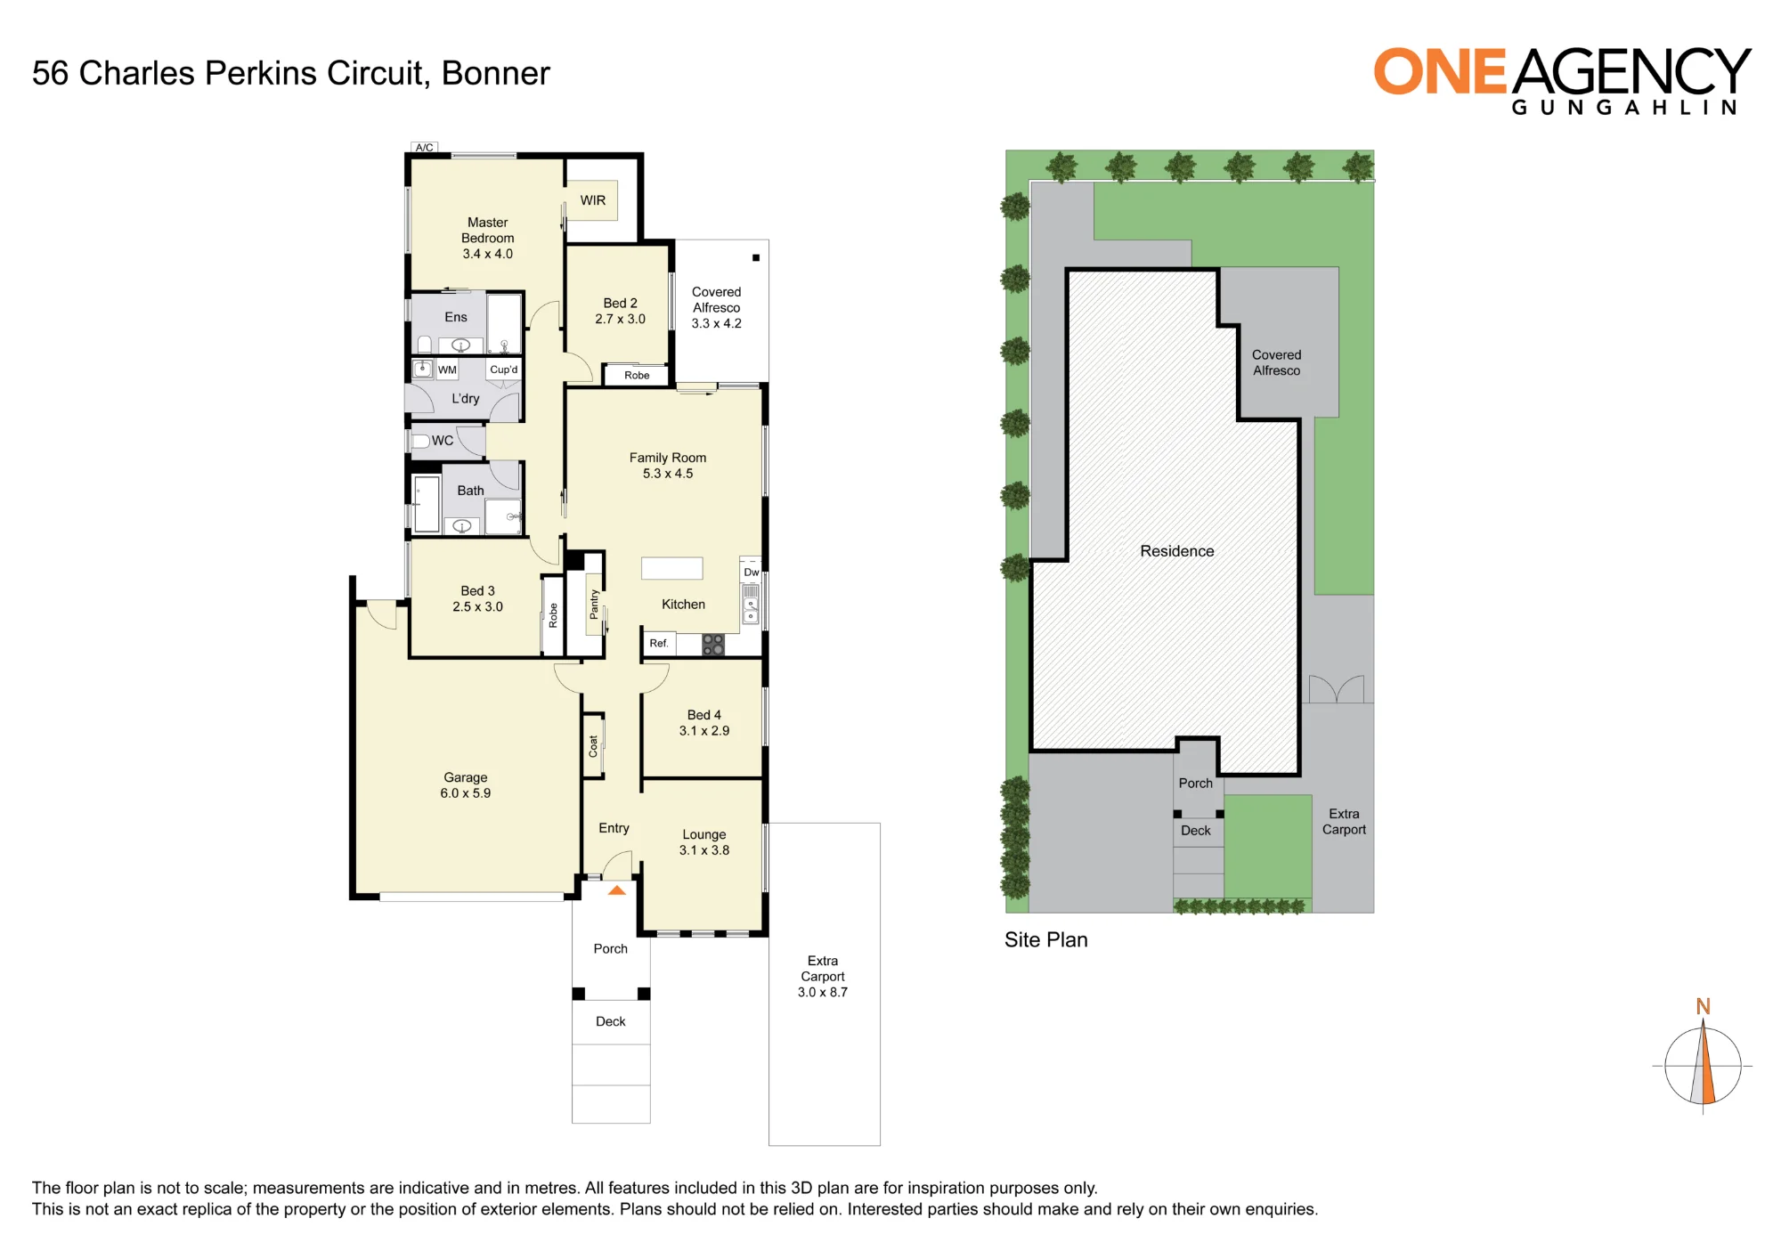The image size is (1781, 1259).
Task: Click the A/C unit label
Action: [425, 148]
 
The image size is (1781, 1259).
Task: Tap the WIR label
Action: [593, 200]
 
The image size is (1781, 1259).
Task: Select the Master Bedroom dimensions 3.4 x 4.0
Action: [488, 254]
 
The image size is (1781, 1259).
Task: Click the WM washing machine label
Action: [447, 370]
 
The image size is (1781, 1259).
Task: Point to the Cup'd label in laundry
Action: [504, 370]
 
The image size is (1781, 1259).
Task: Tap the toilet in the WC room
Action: [421, 441]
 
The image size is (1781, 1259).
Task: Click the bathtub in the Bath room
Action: [427, 505]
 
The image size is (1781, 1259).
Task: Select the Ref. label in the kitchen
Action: [659, 643]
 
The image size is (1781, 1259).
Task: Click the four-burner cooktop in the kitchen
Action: [713, 645]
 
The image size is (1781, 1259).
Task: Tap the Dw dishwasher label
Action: [752, 572]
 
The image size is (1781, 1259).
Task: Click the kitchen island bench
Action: [672, 568]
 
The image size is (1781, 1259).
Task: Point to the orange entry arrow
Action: [617, 890]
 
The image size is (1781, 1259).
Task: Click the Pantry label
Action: [594, 605]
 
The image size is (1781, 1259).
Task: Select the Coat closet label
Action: [593, 746]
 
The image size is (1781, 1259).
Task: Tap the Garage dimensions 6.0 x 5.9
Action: [466, 793]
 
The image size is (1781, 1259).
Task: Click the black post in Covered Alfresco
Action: [756, 258]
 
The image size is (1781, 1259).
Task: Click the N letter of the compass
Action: [1704, 1006]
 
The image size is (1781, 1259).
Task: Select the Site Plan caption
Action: [1046, 940]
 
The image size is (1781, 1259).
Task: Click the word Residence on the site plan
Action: [1177, 551]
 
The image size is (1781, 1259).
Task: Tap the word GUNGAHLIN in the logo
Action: [1624, 108]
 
